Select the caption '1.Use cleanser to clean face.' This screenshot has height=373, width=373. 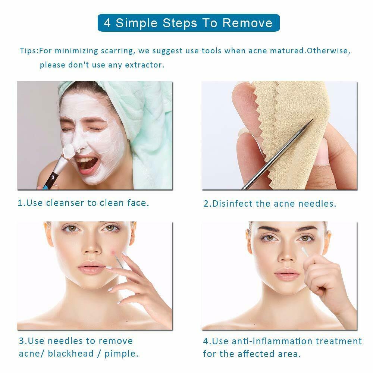[84, 203]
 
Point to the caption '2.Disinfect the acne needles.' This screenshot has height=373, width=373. [270, 204]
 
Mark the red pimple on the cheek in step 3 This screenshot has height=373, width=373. [113, 252]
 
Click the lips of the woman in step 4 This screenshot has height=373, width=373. [287, 276]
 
